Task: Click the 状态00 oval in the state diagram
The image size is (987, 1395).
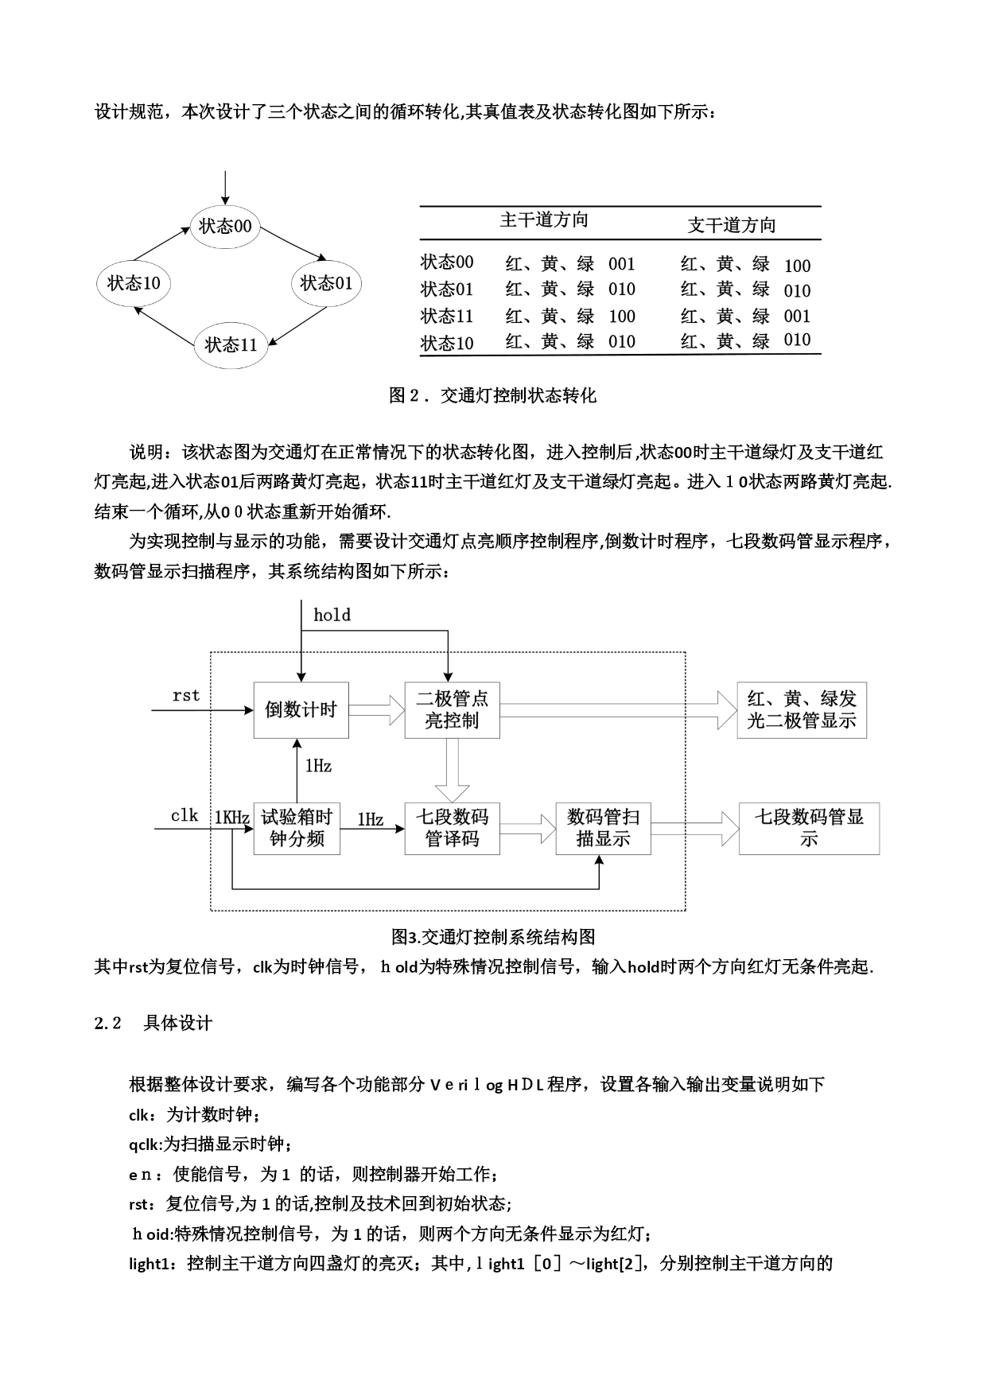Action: click(225, 227)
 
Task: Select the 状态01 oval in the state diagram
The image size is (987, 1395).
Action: click(326, 283)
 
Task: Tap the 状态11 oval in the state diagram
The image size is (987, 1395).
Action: click(231, 345)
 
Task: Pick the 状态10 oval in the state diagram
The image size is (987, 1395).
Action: click(134, 283)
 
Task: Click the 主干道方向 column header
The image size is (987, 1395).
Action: click(544, 220)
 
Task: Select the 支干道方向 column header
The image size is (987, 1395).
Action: click(731, 225)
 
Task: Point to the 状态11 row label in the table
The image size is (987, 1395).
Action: click(447, 317)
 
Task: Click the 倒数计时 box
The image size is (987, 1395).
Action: click(301, 709)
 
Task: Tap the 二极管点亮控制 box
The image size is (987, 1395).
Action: click(452, 709)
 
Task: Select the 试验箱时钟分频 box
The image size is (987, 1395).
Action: click(297, 828)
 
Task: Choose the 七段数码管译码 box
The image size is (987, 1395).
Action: click(452, 828)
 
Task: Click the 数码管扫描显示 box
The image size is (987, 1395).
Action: click(603, 828)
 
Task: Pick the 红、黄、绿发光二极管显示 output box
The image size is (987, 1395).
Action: click(801, 709)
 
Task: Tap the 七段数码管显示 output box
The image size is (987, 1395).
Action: click(809, 828)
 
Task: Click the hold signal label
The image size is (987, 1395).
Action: click(332, 615)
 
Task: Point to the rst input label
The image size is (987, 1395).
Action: click(186, 695)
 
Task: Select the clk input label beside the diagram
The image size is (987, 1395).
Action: click(185, 815)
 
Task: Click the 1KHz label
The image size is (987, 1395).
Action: click(232, 818)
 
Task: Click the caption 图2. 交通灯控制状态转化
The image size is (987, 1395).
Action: click(492, 395)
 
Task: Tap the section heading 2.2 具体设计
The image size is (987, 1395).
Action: click(153, 1023)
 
